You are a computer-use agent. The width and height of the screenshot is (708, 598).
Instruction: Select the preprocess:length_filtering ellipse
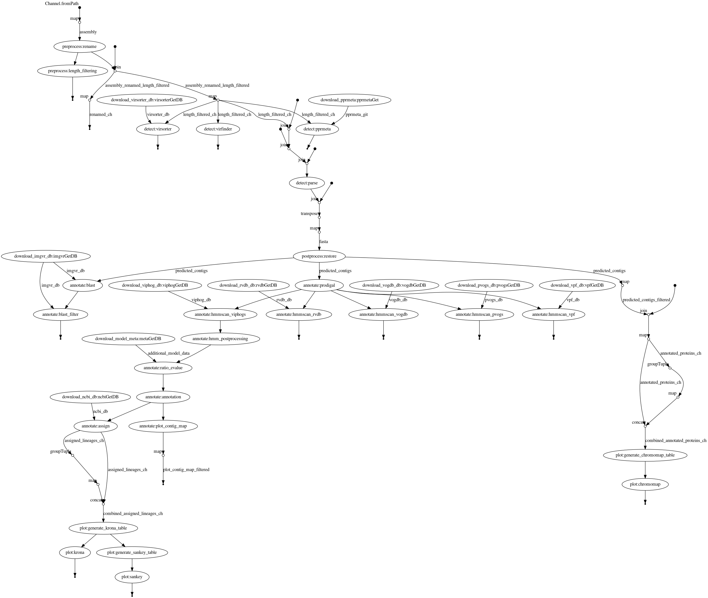tap(72, 71)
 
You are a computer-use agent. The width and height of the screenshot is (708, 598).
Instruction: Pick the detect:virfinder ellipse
tap(218, 129)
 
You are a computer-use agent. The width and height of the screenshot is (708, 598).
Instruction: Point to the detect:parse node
tap(307, 183)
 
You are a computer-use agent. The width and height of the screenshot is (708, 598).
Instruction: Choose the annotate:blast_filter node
tap(61, 315)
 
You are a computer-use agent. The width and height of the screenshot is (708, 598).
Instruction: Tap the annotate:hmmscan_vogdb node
tap(383, 315)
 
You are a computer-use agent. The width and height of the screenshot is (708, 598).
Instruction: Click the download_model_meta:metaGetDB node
tap(128, 339)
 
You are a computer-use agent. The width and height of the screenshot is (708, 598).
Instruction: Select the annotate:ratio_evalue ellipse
tap(163, 368)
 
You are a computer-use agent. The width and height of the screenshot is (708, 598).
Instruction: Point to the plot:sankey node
tap(132, 577)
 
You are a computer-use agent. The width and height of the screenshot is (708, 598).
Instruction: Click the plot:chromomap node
tap(645, 484)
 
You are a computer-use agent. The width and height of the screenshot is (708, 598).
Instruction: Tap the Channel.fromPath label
tap(62, 4)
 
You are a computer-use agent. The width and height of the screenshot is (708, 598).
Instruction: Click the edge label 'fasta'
tap(323, 242)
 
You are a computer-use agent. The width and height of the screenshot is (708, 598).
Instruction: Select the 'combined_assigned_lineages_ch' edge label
tap(133, 513)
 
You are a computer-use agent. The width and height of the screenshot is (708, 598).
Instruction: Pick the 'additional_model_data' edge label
tap(168, 353)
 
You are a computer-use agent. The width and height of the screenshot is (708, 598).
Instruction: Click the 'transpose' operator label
tap(309, 213)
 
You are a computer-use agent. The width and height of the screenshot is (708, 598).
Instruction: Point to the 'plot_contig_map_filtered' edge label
tap(186, 470)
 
